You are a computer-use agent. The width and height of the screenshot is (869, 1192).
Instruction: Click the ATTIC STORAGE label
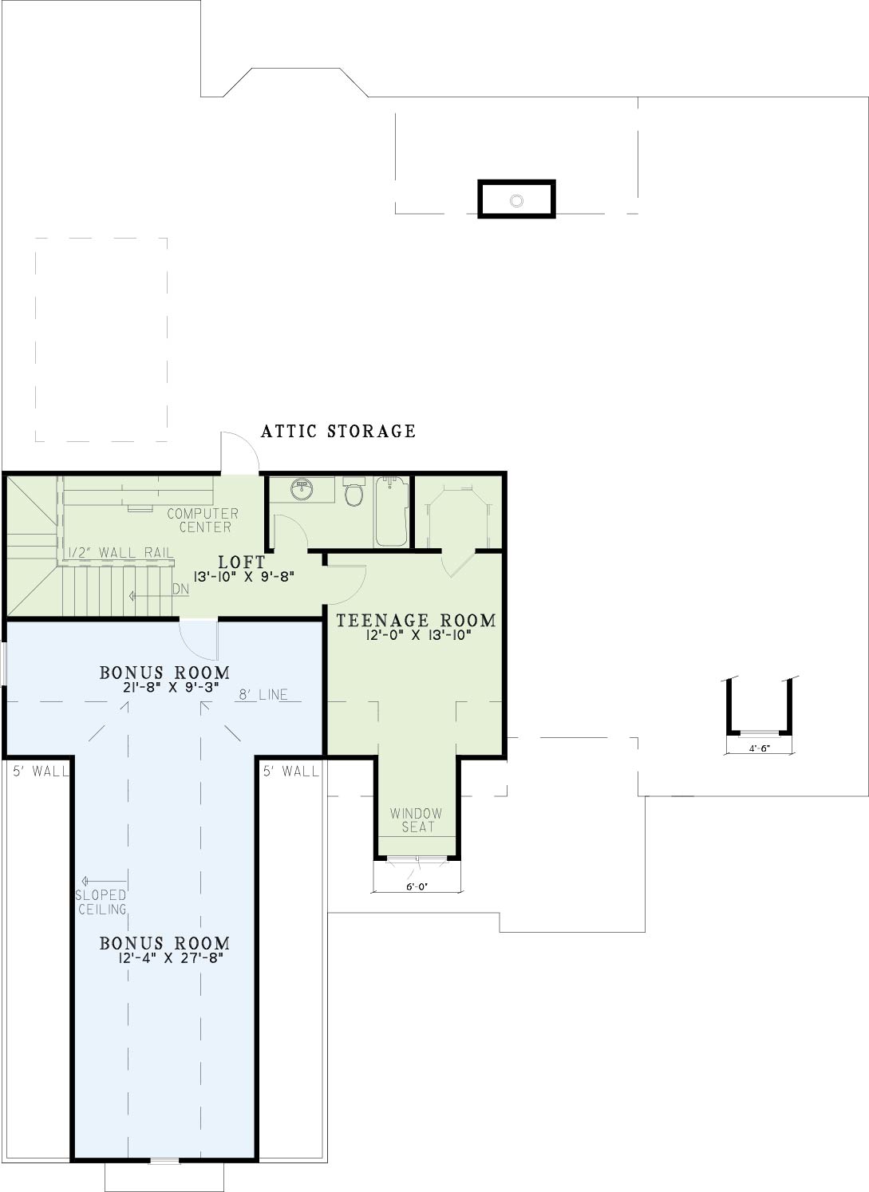338,431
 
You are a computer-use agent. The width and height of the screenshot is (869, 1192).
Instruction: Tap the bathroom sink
302,489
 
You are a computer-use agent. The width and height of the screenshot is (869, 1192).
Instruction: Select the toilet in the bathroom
354,491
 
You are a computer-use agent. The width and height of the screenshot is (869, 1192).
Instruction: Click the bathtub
392,511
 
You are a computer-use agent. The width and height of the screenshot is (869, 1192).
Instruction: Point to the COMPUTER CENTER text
203,520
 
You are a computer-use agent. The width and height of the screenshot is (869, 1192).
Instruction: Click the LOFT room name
242,562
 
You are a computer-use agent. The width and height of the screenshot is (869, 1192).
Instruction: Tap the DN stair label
181,589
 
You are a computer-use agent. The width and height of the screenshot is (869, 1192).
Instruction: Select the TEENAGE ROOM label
416,621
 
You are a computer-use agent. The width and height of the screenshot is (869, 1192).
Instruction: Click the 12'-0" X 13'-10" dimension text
419,635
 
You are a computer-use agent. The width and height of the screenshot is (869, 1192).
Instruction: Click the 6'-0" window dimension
417,887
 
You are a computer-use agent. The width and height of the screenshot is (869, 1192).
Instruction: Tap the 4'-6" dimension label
760,748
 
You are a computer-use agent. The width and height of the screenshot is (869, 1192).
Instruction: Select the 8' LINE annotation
263,694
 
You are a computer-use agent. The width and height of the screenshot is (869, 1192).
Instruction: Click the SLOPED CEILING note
101,902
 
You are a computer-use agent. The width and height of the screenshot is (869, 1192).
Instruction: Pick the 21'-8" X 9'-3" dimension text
171,687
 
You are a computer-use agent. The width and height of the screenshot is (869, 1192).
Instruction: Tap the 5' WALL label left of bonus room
41,771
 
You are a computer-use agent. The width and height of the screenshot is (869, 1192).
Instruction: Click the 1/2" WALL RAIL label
120,552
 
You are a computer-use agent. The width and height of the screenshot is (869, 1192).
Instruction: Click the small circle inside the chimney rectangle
516,200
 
